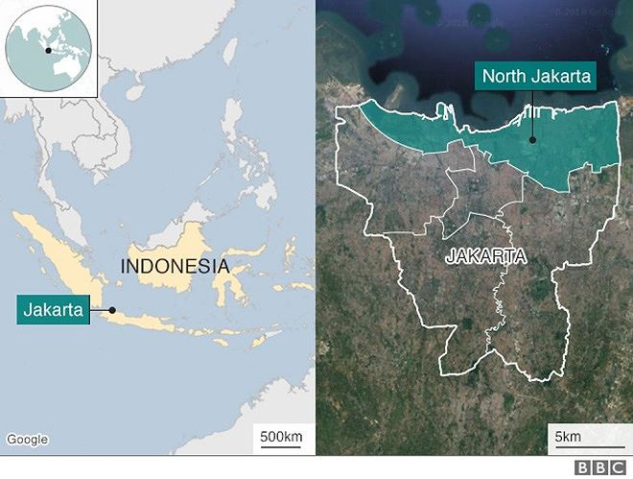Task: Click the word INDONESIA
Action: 175,266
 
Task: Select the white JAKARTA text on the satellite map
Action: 485,256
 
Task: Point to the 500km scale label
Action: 281,438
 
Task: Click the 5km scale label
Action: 569,438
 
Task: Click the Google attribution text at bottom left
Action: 27,440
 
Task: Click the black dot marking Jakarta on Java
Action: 112,309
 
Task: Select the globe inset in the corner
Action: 48,48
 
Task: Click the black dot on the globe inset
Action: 46,49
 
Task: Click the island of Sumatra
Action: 58,250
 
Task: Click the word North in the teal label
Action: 503,77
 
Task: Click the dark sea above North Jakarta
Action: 432,58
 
